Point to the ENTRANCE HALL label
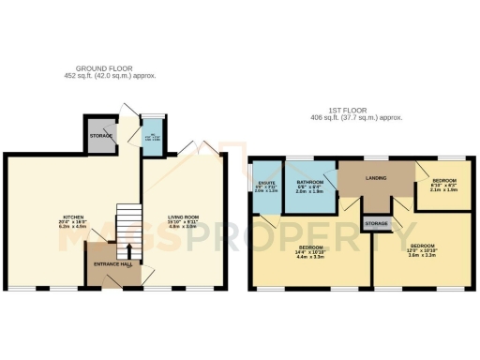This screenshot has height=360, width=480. pyautogui.click(x=111, y=265)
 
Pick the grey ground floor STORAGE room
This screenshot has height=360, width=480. pyautogui.click(x=100, y=136)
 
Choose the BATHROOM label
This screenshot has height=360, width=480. pyautogui.click(x=310, y=182)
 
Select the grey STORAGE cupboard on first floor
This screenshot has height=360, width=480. pyautogui.click(x=377, y=224)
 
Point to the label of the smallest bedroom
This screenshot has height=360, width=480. pyautogui.click(x=444, y=180)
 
